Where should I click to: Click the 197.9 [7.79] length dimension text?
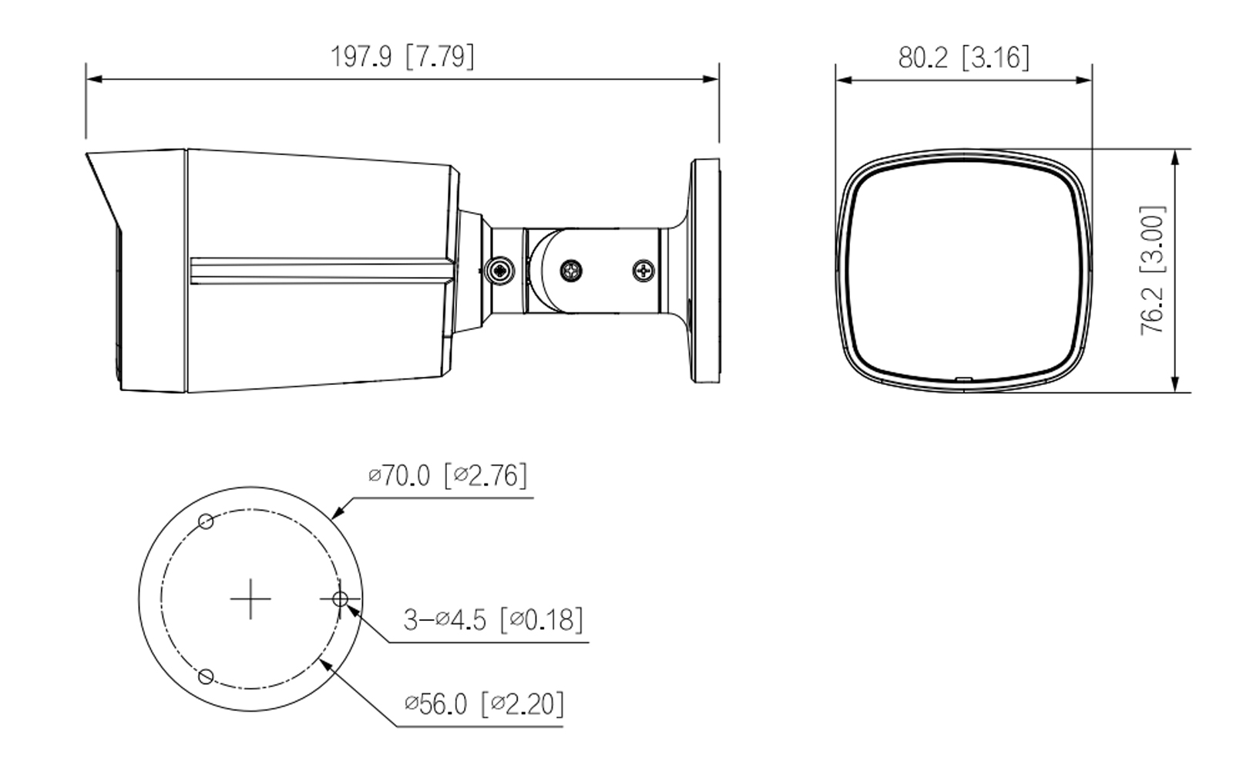pos(402,56)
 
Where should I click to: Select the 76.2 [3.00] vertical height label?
pos(1153,269)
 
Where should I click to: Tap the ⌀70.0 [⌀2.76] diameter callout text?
pos(448,475)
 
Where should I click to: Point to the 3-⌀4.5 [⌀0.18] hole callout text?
pos(493,619)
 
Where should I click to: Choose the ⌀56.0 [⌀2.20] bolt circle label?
pos(484,703)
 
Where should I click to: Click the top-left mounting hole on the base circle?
pos(206,521)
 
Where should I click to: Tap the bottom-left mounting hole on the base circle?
pos(206,676)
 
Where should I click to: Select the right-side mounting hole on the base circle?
pos(339,598)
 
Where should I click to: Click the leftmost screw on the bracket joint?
pos(501,271)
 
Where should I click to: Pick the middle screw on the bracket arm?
pos(571,271)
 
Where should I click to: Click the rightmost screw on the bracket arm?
pos(644,271)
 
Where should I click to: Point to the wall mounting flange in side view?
pos(705,270)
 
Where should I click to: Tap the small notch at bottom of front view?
pos(963,379)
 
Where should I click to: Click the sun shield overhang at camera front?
pos(104,185)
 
